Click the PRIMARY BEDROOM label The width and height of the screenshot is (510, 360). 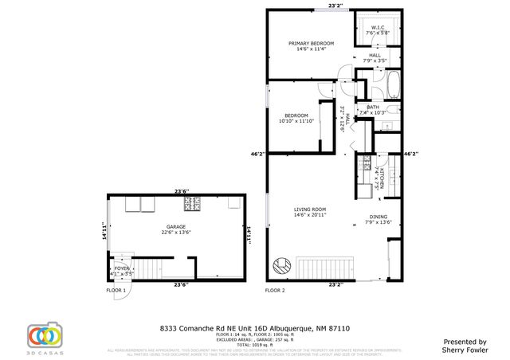[312, 43]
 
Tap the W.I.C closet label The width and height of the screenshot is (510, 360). [376, 29]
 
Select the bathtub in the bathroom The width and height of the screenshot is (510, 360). [394, 83]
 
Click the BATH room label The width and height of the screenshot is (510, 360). [373, 108]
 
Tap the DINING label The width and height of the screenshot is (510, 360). [378, 217]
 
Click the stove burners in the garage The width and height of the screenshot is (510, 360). [193, 206]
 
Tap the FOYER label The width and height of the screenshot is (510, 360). [122, 269]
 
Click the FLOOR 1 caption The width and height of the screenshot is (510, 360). [116, 290]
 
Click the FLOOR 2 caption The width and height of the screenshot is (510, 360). [275, 290]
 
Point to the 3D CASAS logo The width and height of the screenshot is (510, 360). [44, 336]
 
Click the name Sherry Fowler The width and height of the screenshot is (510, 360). [465, 349]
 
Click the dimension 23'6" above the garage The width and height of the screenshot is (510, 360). [182, 191]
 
